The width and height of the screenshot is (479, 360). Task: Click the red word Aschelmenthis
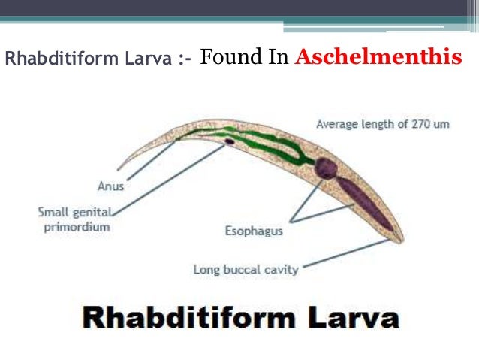378,57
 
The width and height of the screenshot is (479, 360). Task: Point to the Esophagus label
253,231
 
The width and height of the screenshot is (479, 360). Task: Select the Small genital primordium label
74,219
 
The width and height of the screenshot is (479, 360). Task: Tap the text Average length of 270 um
382,124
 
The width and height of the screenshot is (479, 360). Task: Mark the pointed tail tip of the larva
119,168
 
